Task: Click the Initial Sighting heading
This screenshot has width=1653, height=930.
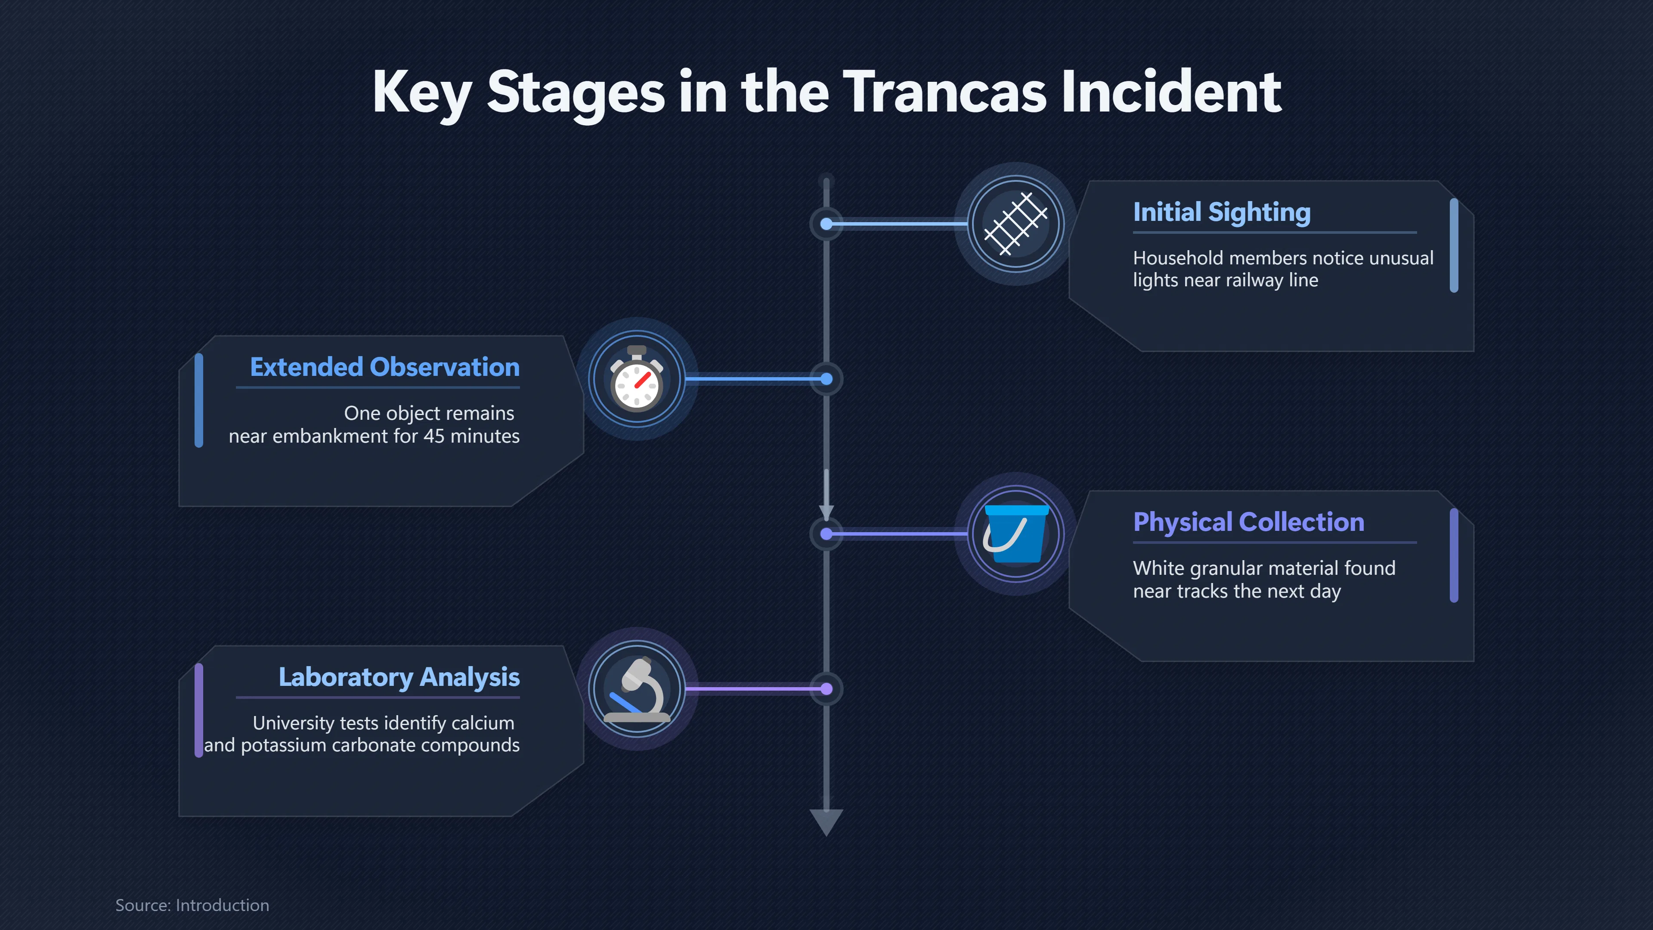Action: [x=1222, y=212]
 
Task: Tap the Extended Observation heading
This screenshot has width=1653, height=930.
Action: [x=385, y=367]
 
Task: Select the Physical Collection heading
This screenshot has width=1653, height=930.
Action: [x=1249, y=522]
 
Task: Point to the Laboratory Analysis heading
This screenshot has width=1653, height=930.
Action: [x=399, y=678]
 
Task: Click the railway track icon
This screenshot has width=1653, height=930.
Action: [x=1016, y=224]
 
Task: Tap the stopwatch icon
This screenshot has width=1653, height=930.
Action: [x=637, y=379]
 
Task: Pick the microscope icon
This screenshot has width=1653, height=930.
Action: [x=637, y=689]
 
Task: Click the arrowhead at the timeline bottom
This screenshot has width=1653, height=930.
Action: [x=826, y=822]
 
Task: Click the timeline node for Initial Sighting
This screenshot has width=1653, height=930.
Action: [x=826, y=224]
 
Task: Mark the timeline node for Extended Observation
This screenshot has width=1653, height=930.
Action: [x=826, y=379]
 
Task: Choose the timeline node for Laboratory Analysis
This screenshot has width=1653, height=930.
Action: [x=826, y=689]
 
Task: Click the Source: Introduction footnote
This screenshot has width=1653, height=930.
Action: [x=192, y=905]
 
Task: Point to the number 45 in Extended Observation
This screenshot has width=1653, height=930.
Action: [x=434, y=437]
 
